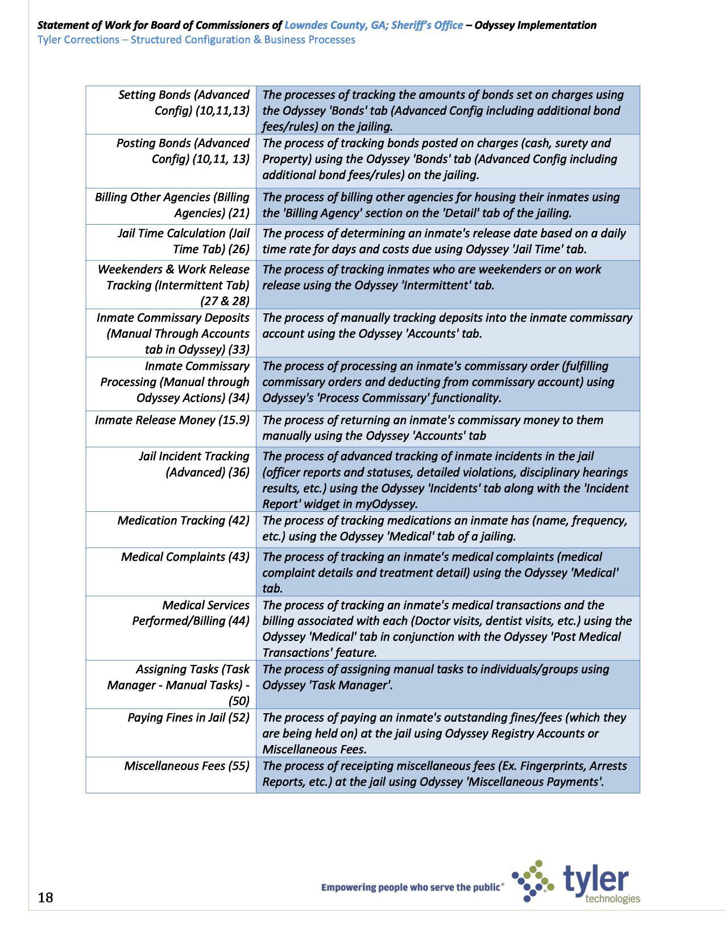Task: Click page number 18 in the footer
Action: [x=45, y=897]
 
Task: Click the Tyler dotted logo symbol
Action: [x=532, y=881]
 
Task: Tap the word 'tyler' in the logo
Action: [x=596, y=879]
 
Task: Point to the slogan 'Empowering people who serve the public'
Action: [x=412, y=887]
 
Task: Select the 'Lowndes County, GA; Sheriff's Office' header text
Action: [x=374, y=25]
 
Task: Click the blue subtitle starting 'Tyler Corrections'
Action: [x=196, y=40]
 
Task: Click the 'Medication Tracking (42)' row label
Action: [x=183, y=520]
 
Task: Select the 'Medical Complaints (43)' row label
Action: [x=185, y=557]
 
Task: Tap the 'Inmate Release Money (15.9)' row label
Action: [x=172, y=420]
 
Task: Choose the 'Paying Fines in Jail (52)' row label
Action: [x=188, y=718]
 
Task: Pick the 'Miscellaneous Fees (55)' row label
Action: [x=187, y=766]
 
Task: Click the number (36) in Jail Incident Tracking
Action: [x=238, y=472]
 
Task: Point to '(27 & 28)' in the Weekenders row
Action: [x=225, y=301]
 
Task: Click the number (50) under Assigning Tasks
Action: [x=238, y=701]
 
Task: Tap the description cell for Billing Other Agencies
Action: [x=448, y=205]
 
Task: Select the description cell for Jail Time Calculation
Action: [x=448, y=242]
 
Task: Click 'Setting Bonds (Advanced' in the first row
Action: [x=184, y=94]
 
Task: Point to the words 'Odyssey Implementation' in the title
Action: [x=535, y=25]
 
